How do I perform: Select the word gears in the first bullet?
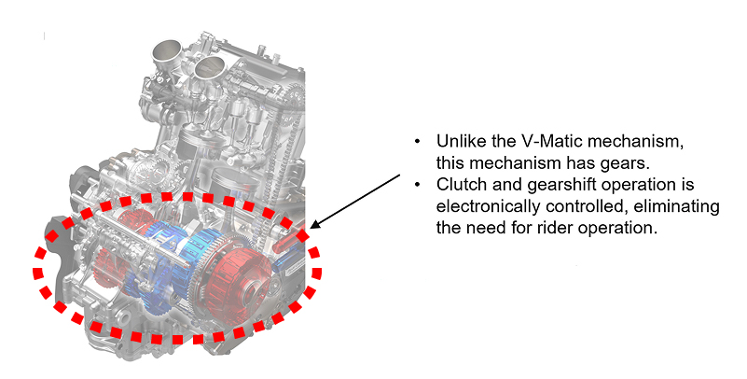[629, 163]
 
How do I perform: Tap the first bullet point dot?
[417, 142]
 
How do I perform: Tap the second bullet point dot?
[417, 185]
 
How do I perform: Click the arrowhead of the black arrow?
[314, 225]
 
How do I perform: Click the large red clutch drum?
[238, 279]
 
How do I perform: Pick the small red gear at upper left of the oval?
[131, 219]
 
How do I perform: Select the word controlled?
[587, 206]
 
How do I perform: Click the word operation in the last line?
[617, 229]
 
